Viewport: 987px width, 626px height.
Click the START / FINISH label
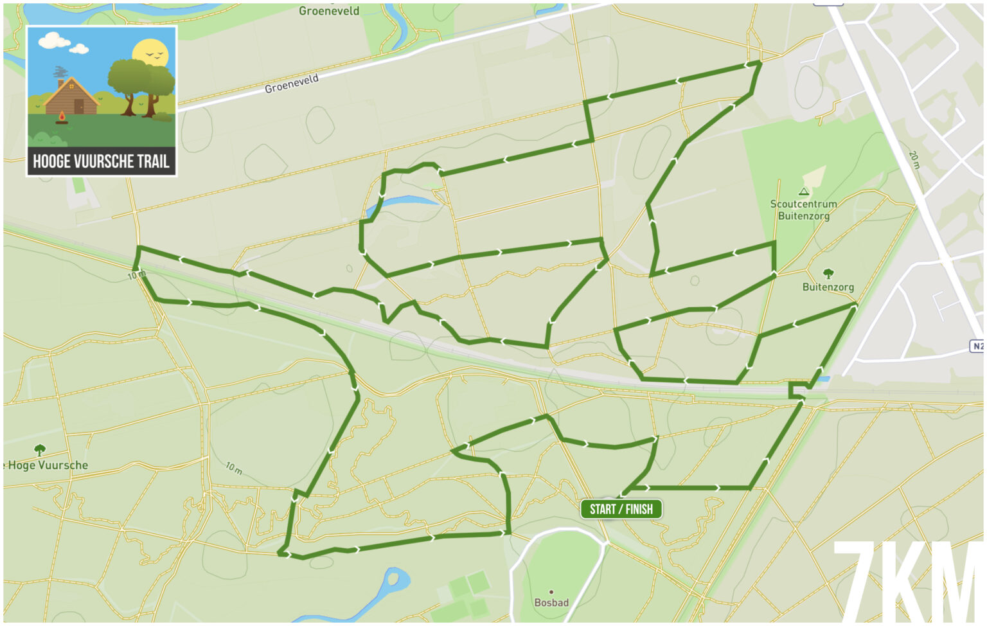(621, 509)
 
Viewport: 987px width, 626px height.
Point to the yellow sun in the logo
(150, 53)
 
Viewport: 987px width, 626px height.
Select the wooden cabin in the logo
(71, 96)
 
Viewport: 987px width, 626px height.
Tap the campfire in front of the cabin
(62, 117)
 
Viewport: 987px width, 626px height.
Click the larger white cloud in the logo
(54, 41)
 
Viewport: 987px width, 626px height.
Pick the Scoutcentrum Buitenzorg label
(803, 210)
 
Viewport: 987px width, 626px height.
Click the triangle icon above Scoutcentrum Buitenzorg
(803, 191)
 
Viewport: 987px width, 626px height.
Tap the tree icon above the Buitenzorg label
(828, 274)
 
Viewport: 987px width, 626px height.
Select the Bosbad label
(551, 602)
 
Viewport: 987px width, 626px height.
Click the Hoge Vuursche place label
(46, 465)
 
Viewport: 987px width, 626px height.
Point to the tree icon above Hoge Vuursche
(40, 449)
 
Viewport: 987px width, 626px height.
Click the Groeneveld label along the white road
(292, 84)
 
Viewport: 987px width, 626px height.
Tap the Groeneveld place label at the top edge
(329, 10)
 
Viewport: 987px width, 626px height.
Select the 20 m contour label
(914, 159)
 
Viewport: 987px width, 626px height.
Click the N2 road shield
(977, 346)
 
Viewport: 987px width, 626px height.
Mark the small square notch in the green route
(797, 390)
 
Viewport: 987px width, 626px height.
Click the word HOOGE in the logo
(51, 161)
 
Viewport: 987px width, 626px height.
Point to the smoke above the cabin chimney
(60, 71)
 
